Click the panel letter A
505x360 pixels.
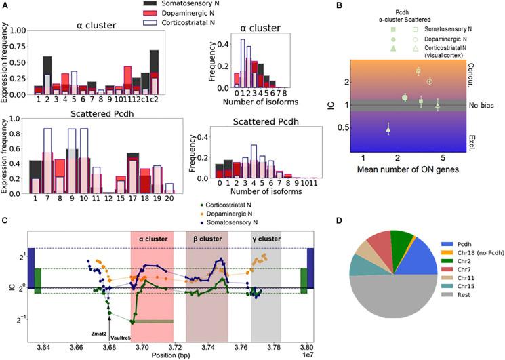[x=6, y=5]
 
